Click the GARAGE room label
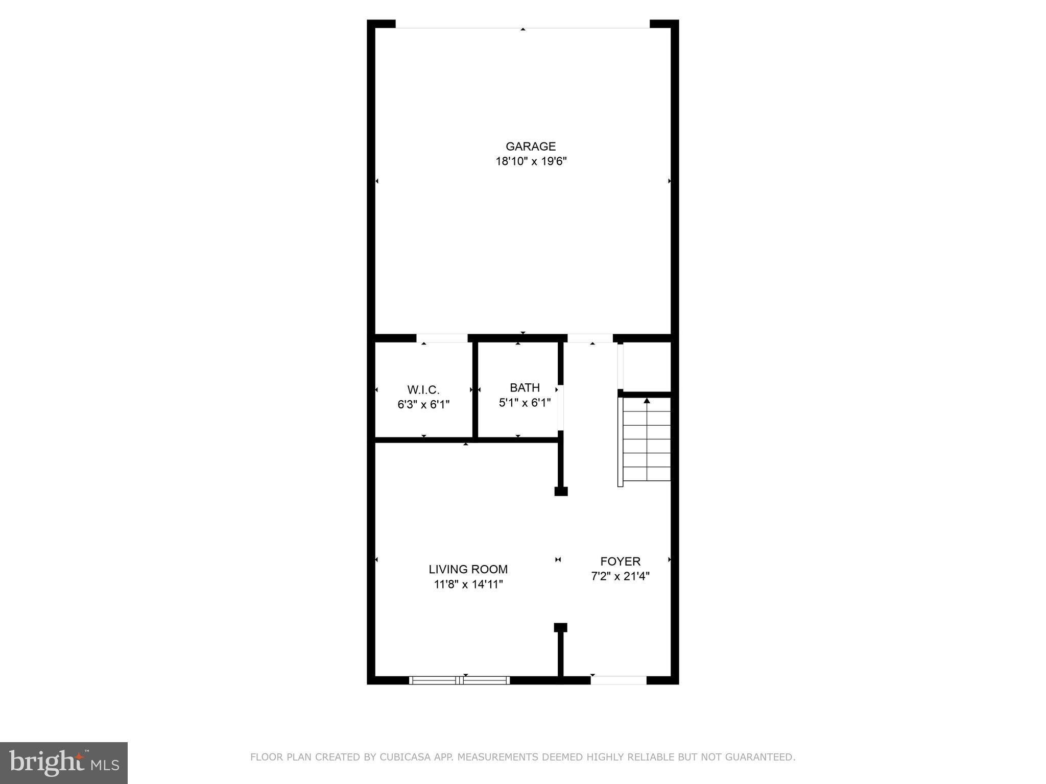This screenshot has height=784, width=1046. (x=530, y=146)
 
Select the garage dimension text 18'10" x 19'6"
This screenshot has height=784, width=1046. (x=531, y=162)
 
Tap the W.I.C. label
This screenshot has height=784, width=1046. (x=423, y=390)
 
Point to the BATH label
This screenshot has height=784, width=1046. (x=525, y=387)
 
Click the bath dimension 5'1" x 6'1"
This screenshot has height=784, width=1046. (x=525, y=403)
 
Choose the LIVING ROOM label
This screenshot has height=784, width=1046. (x=468, y=569)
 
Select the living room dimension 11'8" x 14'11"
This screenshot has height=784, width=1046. (x=468, y=584)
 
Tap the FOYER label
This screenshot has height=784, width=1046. (x=620, y=561)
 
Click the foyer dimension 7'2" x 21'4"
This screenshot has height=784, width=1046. (x=620, y=577)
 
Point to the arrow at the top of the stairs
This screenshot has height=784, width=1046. (x=647, y=401)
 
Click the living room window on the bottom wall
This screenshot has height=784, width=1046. (x=459, y=680)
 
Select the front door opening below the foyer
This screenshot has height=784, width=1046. (x=619, y=680)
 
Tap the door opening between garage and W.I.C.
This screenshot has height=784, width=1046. (x=442, y=338)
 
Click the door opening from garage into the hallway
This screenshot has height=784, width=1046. (x=590, y=338)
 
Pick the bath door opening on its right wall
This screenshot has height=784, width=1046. (x=560, y=407)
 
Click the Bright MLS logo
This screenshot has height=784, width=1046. (x=64, y=763)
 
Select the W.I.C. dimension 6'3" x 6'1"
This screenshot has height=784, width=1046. (x=423, y=405)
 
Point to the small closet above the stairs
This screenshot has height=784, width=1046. (x=647, y=366)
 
